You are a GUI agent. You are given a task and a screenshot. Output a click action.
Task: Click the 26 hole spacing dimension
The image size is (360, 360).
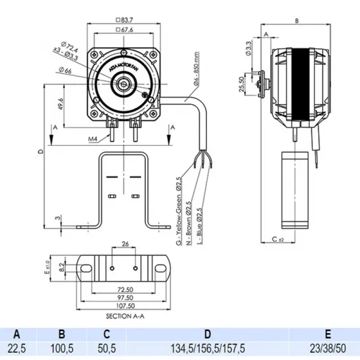(124, 245)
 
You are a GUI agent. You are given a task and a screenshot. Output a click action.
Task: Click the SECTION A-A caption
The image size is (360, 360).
(124, 314)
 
